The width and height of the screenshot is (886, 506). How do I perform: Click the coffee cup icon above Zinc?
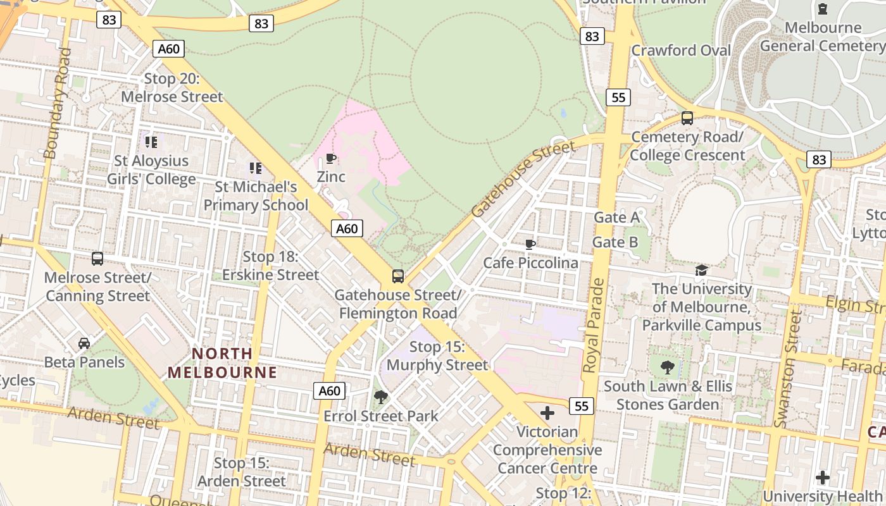(x=330, y=158)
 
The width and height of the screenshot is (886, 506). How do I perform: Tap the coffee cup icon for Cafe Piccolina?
(x=530, y=244)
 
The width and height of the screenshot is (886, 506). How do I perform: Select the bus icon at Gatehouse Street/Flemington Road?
(x=397, y=276)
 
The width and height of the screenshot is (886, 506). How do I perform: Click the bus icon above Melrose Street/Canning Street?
(x=97, y=259)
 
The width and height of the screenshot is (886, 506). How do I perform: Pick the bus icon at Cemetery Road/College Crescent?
(x=687, y=118)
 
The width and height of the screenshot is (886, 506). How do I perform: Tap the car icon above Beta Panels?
(x=84, y=343)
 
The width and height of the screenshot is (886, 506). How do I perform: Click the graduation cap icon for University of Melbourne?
(x=701, y=271)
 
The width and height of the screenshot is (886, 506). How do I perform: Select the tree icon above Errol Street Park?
(x=380, y=397)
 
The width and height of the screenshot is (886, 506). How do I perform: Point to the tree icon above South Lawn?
(x=667, y=367)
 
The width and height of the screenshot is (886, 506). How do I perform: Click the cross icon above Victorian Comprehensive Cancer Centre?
(x=547, y=414)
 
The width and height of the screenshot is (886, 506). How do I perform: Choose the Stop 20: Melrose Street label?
(x=172, y=88)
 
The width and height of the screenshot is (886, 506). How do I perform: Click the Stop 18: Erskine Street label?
(x=271, y=266)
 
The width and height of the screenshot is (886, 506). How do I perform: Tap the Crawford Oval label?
(x=681, y=51)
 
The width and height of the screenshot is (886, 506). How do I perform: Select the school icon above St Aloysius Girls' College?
(x=151, y=142)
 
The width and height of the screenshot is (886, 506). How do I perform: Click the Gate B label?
(x=615, y=242)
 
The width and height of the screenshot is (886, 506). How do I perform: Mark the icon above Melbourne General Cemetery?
(x=822, y=9)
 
